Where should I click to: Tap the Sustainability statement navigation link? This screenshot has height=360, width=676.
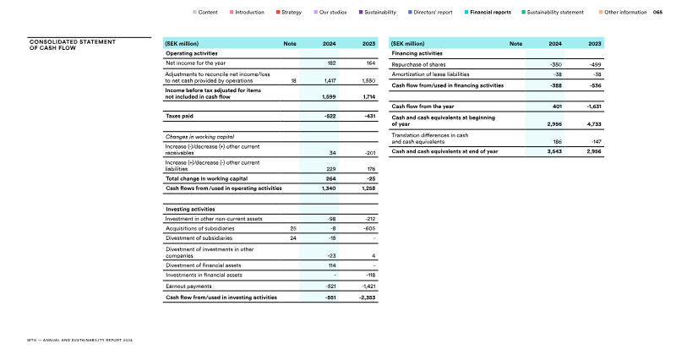[555, 13]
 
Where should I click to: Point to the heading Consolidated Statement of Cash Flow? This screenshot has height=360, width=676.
[72, 44]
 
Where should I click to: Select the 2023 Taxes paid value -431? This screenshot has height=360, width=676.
[369, 115]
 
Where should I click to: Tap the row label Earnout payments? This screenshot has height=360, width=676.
[188, 286]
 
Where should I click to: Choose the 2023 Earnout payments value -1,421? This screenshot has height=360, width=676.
[368, 286]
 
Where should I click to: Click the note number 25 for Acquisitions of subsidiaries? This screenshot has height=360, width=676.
[293, 228]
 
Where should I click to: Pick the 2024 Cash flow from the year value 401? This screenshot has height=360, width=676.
[558, 106]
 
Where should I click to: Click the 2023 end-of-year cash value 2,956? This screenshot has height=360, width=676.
[594, 151]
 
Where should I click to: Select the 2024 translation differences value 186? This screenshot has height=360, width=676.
[558, 141]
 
